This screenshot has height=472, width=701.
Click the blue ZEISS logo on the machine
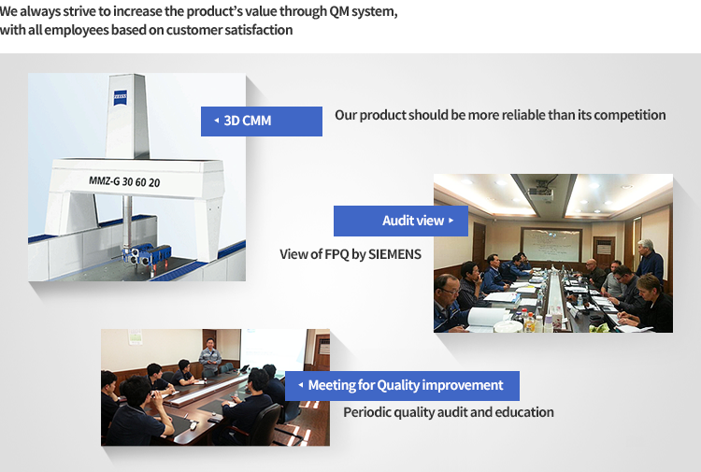121,97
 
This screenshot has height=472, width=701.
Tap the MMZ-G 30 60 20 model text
124,181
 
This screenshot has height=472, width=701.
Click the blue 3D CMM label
262,122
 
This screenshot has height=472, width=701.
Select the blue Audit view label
401,221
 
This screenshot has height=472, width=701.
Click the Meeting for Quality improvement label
402,385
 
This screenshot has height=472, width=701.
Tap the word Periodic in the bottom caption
363,411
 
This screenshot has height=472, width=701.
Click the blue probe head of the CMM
146,255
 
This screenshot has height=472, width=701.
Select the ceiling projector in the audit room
540,193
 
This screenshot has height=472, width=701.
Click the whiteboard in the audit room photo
551,245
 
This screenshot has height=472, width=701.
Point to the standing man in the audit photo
649,263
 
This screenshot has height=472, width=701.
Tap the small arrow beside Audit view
451,221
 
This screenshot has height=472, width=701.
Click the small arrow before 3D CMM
217,121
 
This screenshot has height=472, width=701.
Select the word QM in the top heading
339,11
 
